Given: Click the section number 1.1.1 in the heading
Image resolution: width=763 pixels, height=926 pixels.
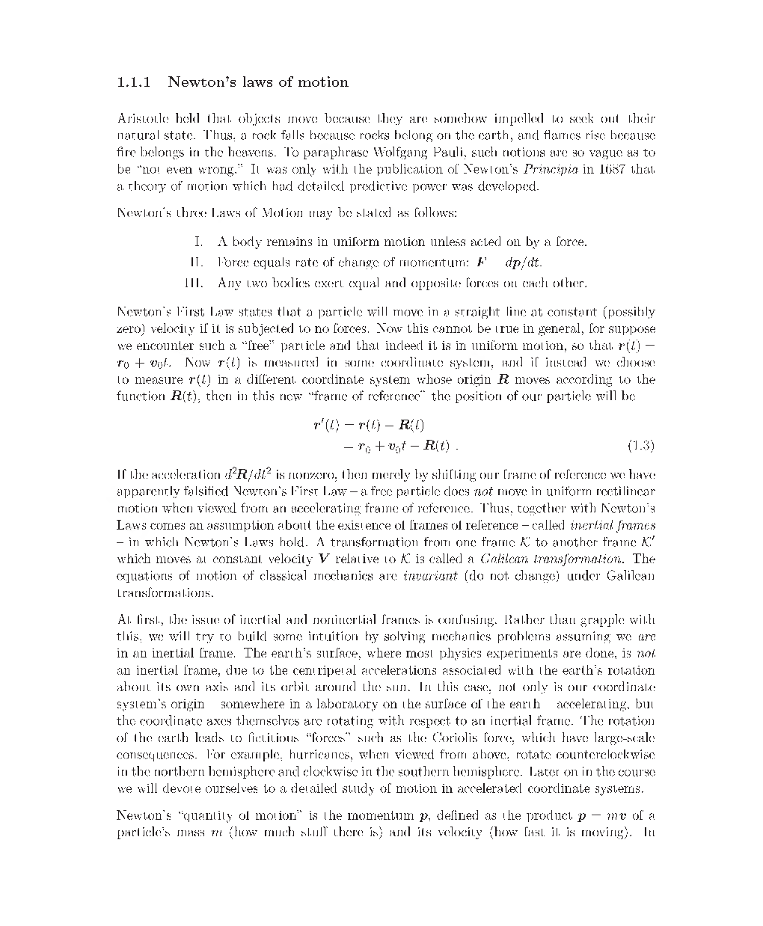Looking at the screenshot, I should (134, 82).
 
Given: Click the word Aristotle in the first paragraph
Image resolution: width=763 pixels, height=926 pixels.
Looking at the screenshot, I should (142, 119).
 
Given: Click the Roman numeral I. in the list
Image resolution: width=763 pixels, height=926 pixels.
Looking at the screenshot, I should (198, 242).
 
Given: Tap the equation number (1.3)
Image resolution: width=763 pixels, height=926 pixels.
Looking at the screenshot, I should (640, 447).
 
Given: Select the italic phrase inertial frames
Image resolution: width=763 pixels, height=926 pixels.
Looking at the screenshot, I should (612, 525).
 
